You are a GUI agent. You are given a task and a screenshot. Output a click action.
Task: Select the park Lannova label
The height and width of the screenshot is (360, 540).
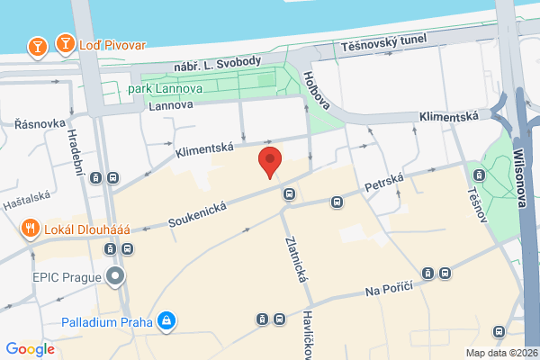pyautogui.click(x=165, y=88)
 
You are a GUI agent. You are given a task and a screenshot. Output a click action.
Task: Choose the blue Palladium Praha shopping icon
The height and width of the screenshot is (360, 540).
pyautogui.click(x=166, y=319)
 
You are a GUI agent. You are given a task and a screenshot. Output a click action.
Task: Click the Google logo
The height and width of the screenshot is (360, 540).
pyautogui.click(x=31, y=349)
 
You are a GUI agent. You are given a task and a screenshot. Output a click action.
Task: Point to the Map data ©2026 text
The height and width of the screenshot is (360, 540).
pyautogui.click(x=500, y=352)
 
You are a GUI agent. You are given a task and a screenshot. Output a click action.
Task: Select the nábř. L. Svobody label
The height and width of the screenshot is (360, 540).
pyautogui.click(x=220, y=61)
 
